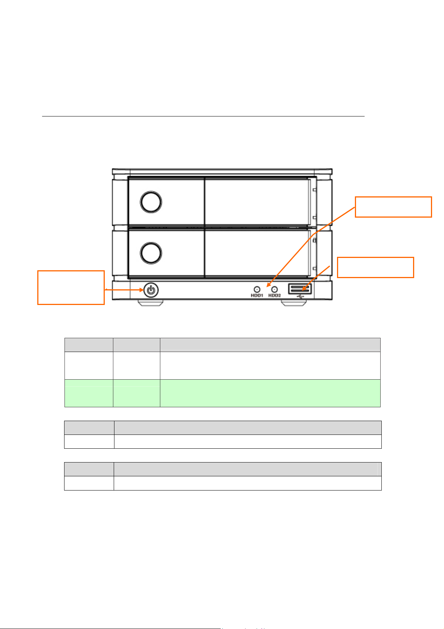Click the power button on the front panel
pyautogui.click(x=150, y=290)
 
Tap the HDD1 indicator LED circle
pyautogui.click(x=257, y=289)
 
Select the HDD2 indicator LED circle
pyautogui.click(x=275, y=289)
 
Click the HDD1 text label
pyautogui.click(x=257, y=296)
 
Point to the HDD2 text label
pyautogui.click(x=275, y=296)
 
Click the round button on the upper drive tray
pyautogui.click(x=151, y=202)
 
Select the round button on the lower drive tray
pyautogui.click(x=151, y=253)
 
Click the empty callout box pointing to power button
pyautogui.click(x=71, y=287)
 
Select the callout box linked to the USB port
pyautogui.click(x=375, y=267)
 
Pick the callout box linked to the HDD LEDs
pyautogui.click(x=393, y=207)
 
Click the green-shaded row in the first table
pyautogui.click(x=222, y=393)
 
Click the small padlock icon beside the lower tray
pyautogui.click(x=314, y=241)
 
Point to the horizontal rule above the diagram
pyautogui.click(x=203, y=116)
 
